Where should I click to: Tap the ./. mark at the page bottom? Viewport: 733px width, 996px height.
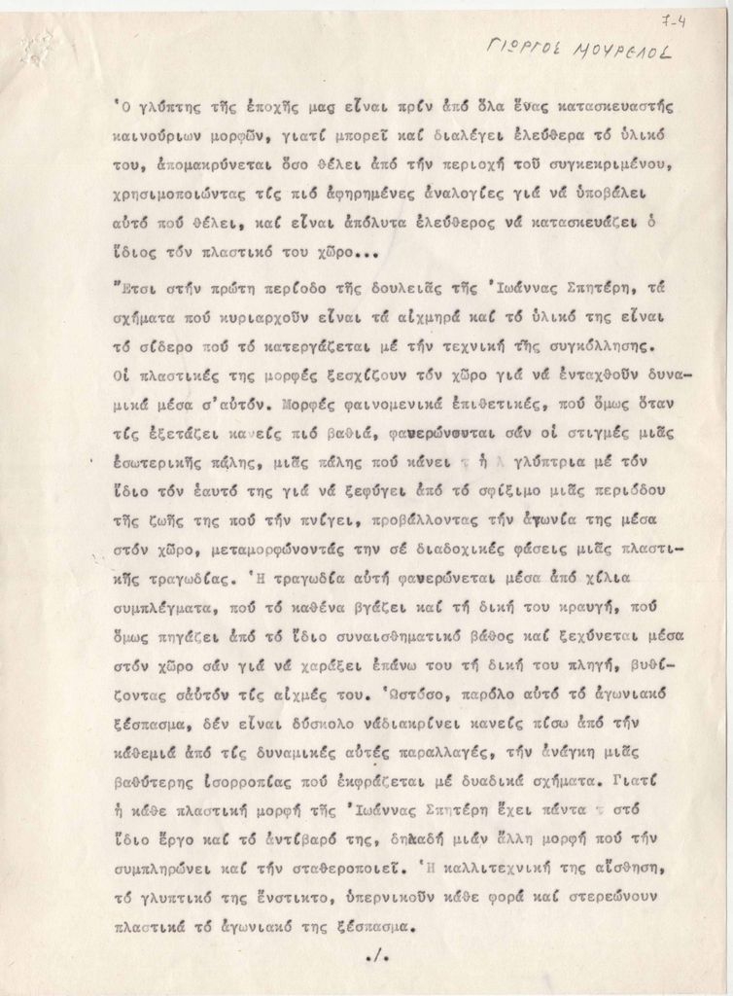(x=376, y=958)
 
